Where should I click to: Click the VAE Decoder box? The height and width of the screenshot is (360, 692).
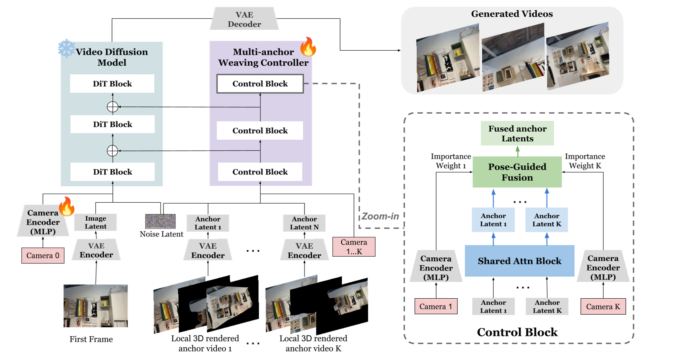point(244,19)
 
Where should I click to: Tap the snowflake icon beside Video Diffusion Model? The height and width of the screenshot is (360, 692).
point(66,49)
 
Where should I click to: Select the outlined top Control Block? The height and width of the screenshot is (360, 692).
point(260,84)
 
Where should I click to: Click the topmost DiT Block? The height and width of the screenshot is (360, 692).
point(112,84)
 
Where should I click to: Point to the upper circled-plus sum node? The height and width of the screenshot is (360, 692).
point(112,107)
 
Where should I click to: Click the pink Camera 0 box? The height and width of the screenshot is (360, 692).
point(43,255)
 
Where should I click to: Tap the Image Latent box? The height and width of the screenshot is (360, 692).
point(96,223)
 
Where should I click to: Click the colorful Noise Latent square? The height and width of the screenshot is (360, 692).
point(160,221)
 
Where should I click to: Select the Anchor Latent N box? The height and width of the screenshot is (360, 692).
point(304,223)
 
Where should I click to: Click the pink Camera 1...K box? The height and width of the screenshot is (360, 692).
point(354,247)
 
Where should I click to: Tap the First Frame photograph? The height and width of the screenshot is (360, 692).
point(96,306)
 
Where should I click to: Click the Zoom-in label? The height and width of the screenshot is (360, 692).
point(380,216)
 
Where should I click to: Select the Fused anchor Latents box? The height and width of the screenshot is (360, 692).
point(517,133)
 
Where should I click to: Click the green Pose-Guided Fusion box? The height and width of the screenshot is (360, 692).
point(517,172)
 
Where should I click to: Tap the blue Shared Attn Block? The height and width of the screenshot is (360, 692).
point(520,261)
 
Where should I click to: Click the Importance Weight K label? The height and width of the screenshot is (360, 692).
point(585,161)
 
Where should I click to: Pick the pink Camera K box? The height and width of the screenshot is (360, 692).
point(603,306)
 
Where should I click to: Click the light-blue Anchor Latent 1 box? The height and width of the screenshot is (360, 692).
point(493,220)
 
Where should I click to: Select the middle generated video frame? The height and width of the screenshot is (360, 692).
point(513,57)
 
